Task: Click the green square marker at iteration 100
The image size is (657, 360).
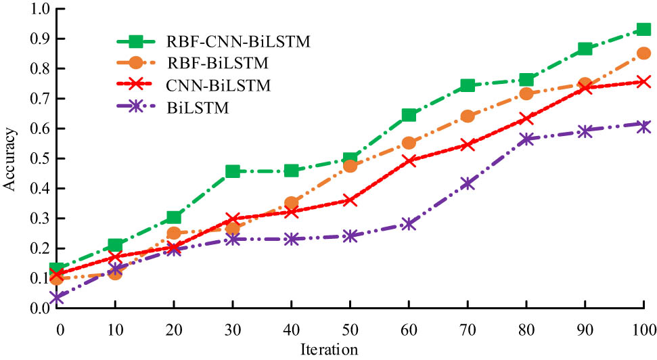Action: tap(643, 30)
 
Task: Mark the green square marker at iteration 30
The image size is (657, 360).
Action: tap(233, 171)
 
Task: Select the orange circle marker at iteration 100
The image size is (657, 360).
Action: tap(643, 53)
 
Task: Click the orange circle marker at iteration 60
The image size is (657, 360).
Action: tap(409, 143)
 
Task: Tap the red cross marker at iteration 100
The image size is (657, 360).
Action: tap(643, 82)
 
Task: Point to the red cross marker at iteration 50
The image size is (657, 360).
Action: tap(350, 200)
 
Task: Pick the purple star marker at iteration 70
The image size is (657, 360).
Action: tap(467, 183)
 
